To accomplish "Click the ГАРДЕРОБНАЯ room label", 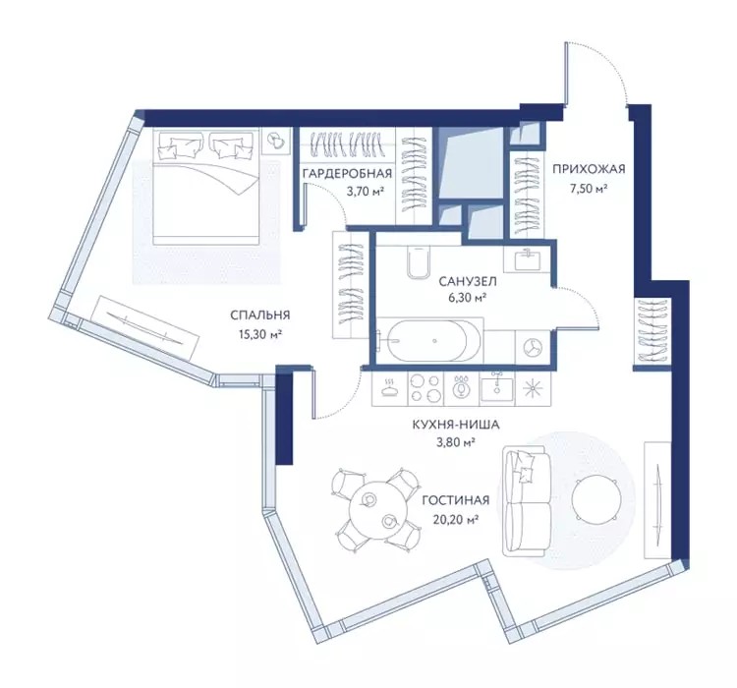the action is pyautogui.click(x=347, y=174).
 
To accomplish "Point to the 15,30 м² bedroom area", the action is pyautogui.click(x=260, y=334).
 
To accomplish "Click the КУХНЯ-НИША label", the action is pyautogui.click(x=455, y=426).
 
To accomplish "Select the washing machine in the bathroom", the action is pyautogui.click(x=533, y=347).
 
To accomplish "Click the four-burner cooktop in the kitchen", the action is pyautogui.click(x=425, y=389).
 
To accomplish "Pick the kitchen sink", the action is pyautogui.click(x=497, y=389).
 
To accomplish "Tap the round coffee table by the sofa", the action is pyautogui.click(x=594, y=497).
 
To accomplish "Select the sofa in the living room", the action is pyautogui.click(x=526, y=501).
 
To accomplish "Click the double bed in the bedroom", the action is pyautogui.click(x=206, y=187).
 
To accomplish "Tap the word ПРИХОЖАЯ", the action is pyautogui.click(x=589, y=168).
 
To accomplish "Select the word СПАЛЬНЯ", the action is pyautogui.click(x=260, y=315).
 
